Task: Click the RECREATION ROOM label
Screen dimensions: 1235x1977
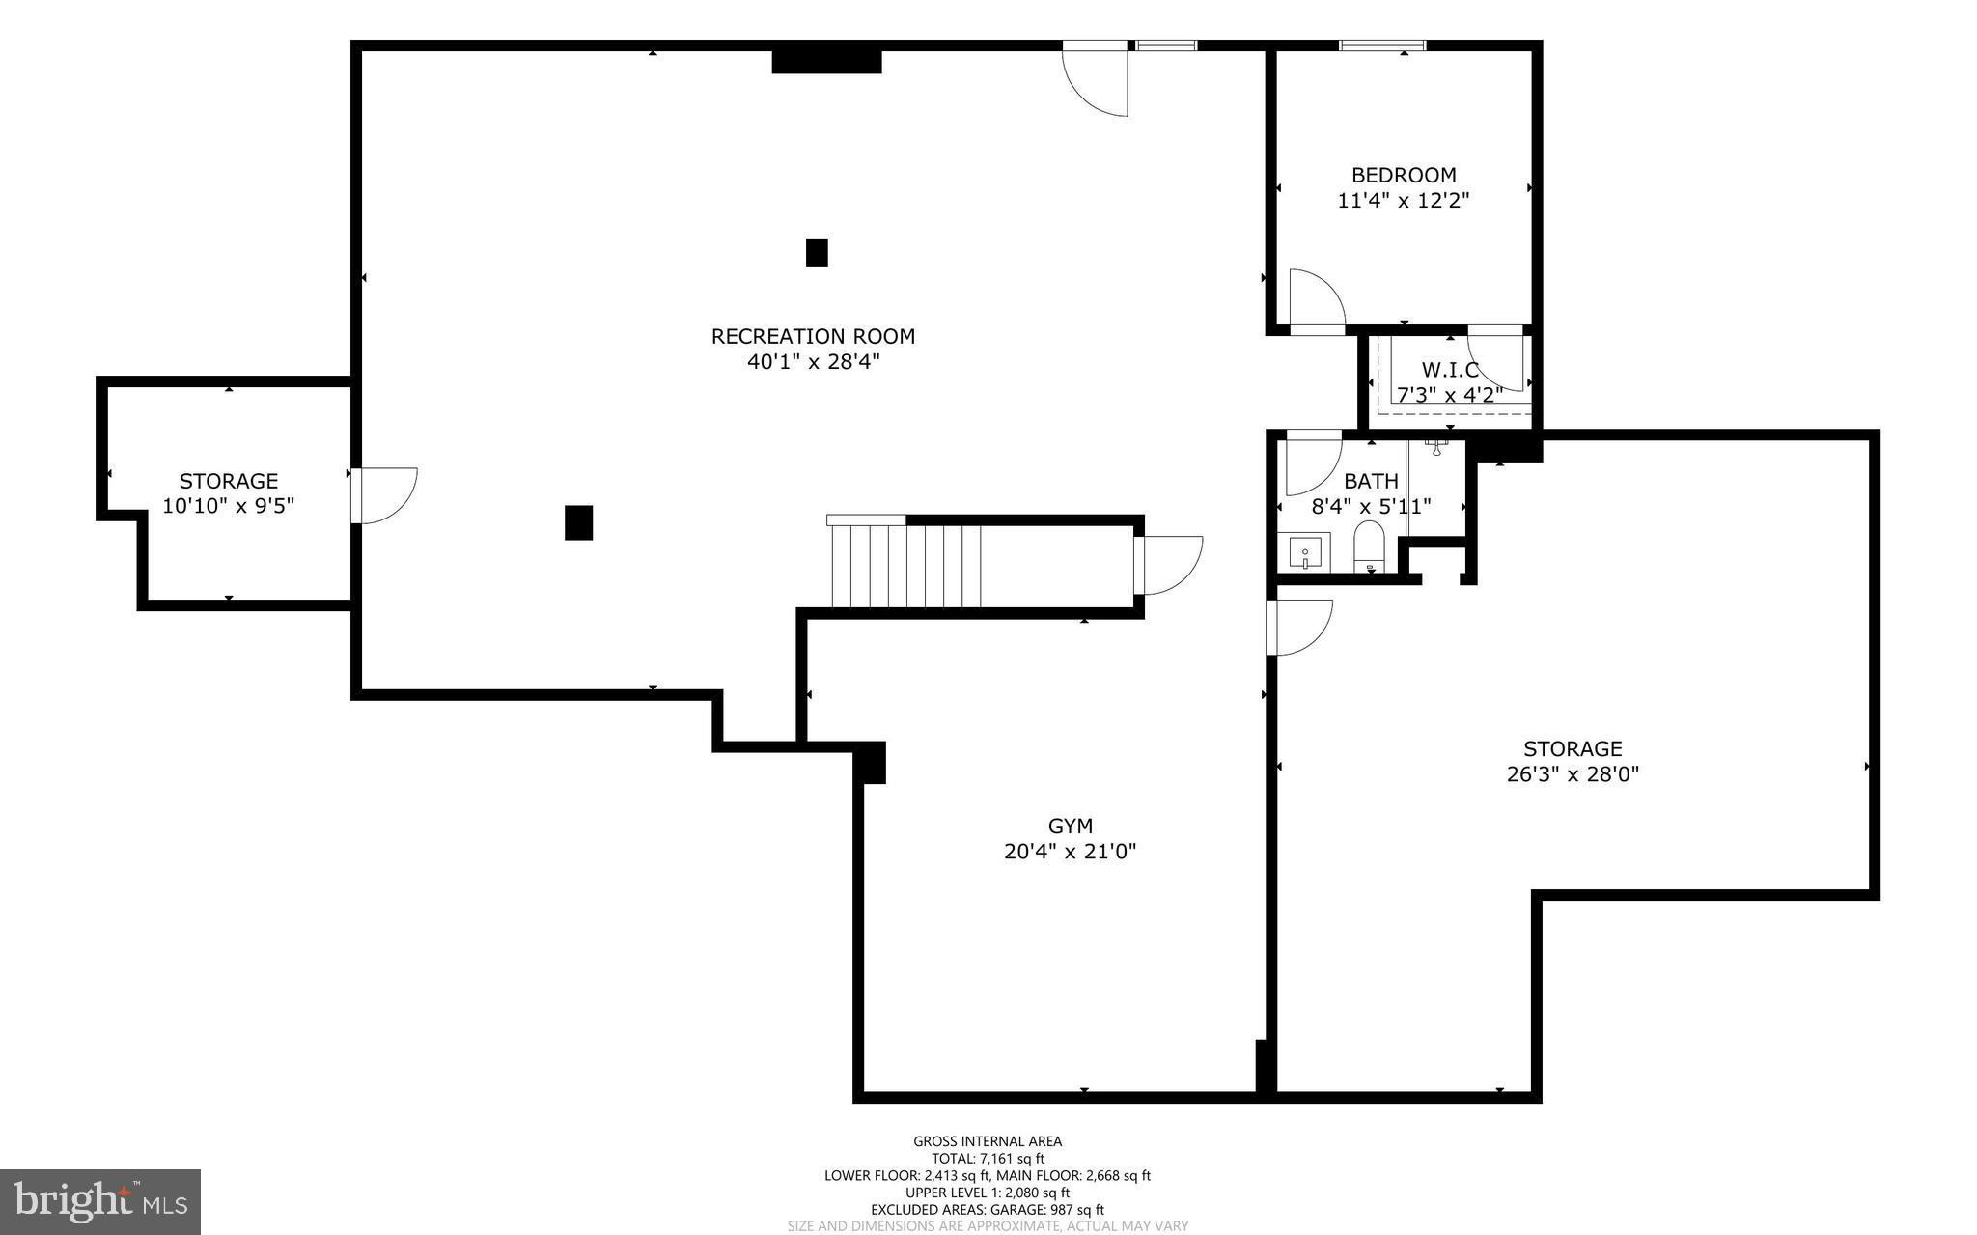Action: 813,336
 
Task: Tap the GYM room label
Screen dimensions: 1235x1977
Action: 1070,826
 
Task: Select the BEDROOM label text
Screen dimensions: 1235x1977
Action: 1404,175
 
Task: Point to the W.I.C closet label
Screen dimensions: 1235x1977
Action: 1450,370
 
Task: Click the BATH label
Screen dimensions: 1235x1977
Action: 1371,481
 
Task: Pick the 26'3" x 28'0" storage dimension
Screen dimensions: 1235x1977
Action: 1573,774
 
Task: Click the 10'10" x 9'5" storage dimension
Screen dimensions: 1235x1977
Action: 228,506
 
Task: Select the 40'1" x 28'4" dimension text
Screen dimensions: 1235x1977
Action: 813,362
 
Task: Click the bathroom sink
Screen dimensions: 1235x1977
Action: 1304,552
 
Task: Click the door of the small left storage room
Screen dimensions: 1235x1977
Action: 384,494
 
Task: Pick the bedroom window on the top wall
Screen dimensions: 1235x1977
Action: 1382,44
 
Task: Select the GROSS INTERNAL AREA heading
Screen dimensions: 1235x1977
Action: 988,1141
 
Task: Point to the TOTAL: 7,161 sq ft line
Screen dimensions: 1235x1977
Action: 988,1159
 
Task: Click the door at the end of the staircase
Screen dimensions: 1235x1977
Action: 1169,565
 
